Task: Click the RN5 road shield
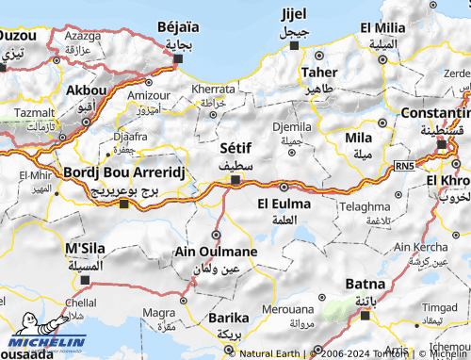(x=404, y=167)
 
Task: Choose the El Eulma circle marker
(x=284, y=187)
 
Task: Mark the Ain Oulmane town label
(x=216, y=252)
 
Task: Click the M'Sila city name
(x=84, y=248)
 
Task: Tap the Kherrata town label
(x=214, y=89)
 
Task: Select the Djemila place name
(x=291, y=125)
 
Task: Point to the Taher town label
(x=319, y=72)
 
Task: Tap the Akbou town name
(x=87, y=90)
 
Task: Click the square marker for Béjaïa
(x=178, y=58)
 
